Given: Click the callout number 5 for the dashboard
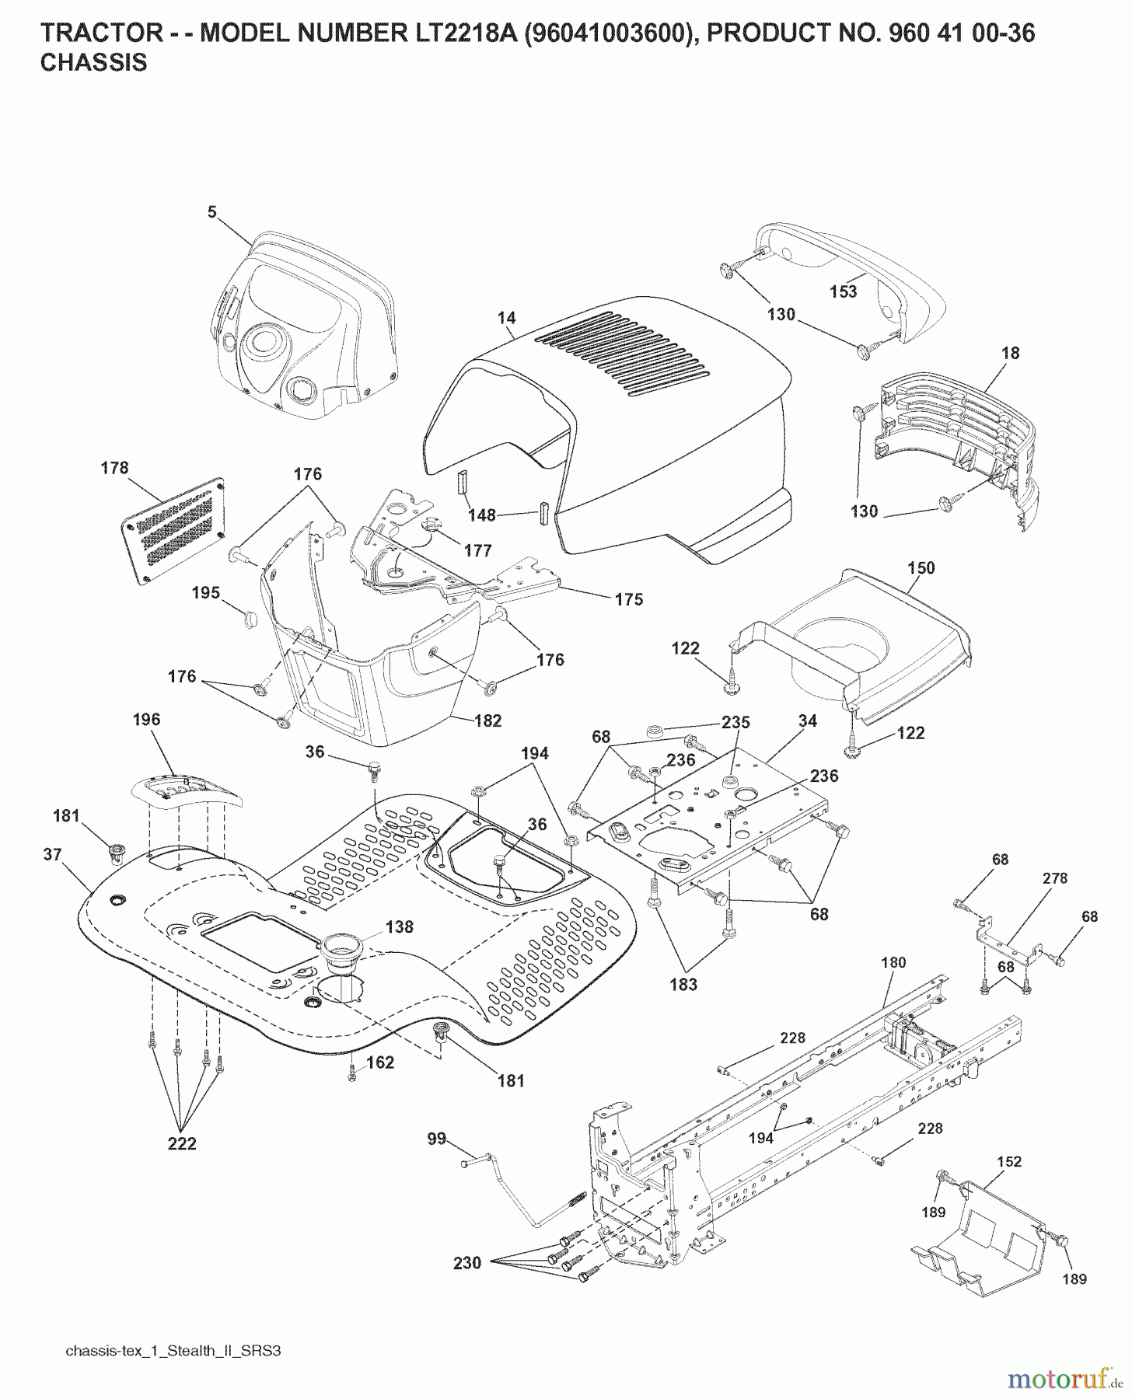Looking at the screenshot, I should pyautogui.click(x=211, y=211).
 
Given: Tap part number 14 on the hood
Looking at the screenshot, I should pyautogui.click(x=507, y=318).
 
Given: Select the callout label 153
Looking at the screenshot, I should pyautogui.click(x=843, y=291).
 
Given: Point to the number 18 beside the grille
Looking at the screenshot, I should pyautogui.click(x=1010, y=353).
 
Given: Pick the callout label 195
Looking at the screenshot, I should pyautogui.click(x=206, y=593).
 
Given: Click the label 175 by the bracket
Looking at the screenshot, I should pyautogui.click(x=628, y=599).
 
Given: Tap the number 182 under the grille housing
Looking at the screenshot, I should pyautogui.click(x=487, y=720).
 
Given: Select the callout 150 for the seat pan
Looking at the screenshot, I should pyautogui.click(x=921, y=568).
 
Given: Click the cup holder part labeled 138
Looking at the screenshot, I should pyautogui.click(x=399, y=927).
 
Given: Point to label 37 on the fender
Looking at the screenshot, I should pyautogui.click(x=52, y=854).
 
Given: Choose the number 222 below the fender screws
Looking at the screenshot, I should pyautogui.click(x=182, y=1143).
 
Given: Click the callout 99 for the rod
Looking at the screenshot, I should pyautogui.click(x=437, y=1139).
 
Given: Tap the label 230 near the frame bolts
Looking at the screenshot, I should pyautogui.click(x=467, y=1264).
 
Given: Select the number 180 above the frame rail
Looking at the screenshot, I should pyautogui.click(x=893, y=962).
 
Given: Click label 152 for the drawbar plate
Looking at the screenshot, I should pyautogui.click(x=1009, y=1161).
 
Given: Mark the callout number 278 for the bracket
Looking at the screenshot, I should pyautogui.click(x=1054, y=878).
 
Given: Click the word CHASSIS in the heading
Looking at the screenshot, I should pyautogui.click(x=93, y=63).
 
